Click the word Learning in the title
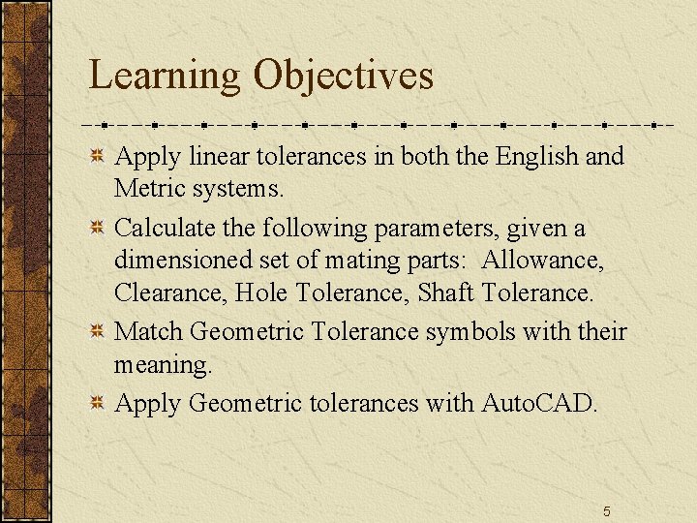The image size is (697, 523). point(165,77)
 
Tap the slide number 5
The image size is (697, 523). point(606,511)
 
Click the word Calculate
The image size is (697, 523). point(161,230)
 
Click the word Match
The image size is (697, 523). point(149,332)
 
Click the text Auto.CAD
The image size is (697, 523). point(540,402)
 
